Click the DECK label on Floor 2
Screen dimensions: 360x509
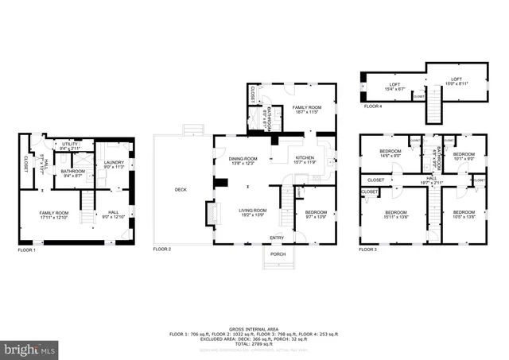click(x=181, y=190)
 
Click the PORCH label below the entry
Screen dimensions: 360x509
click(x=278, y=254)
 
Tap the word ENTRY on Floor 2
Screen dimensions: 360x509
click(x=276, y=238)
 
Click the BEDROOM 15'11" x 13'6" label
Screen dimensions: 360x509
click(x=396, y=215)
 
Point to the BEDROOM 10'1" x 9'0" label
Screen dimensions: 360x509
click(x=464, y=155)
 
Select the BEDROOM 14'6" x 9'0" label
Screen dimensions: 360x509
click(x=390, y=153)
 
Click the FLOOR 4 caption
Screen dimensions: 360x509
click(x=374, y=105)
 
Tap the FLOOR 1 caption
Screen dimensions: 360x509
click(x=26, y=250)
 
